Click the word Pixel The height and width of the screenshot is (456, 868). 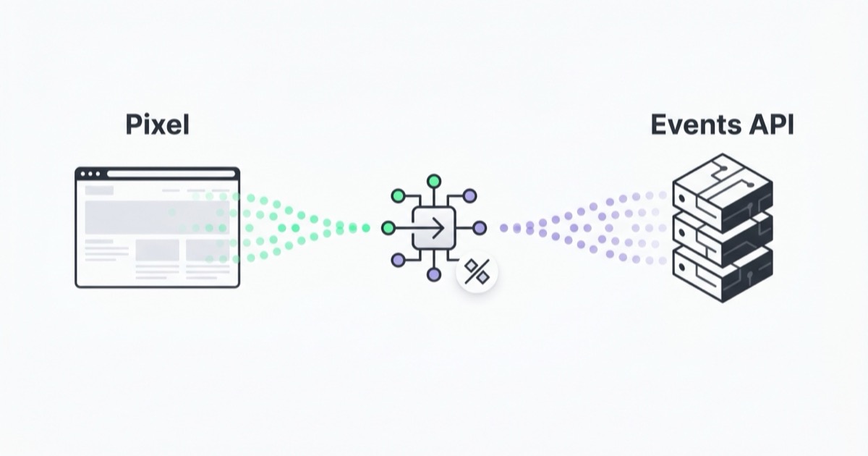[158, 124]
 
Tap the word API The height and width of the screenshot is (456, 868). [771, 124]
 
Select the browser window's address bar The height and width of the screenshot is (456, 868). [171, 174]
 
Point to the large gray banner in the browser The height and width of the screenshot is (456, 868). [157, 218]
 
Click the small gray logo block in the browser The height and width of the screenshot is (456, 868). [99, 190]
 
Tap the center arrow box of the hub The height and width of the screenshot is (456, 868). [433, 229]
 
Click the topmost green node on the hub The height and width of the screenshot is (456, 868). [433, 181]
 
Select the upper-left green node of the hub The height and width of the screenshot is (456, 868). [398, 196]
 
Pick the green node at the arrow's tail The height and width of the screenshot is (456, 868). [388, 228]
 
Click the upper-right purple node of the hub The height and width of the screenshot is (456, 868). [469, 196]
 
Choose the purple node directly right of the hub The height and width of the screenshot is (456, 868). [480, 228]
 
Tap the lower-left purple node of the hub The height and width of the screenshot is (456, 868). [398, 260]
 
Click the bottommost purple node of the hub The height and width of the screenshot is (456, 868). [433, 274]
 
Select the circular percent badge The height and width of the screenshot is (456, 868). [477, 271]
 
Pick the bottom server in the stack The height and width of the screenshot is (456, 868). [723, 274]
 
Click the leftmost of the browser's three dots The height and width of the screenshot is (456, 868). [83, 174]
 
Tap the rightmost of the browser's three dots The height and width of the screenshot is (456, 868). [98, 174]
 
